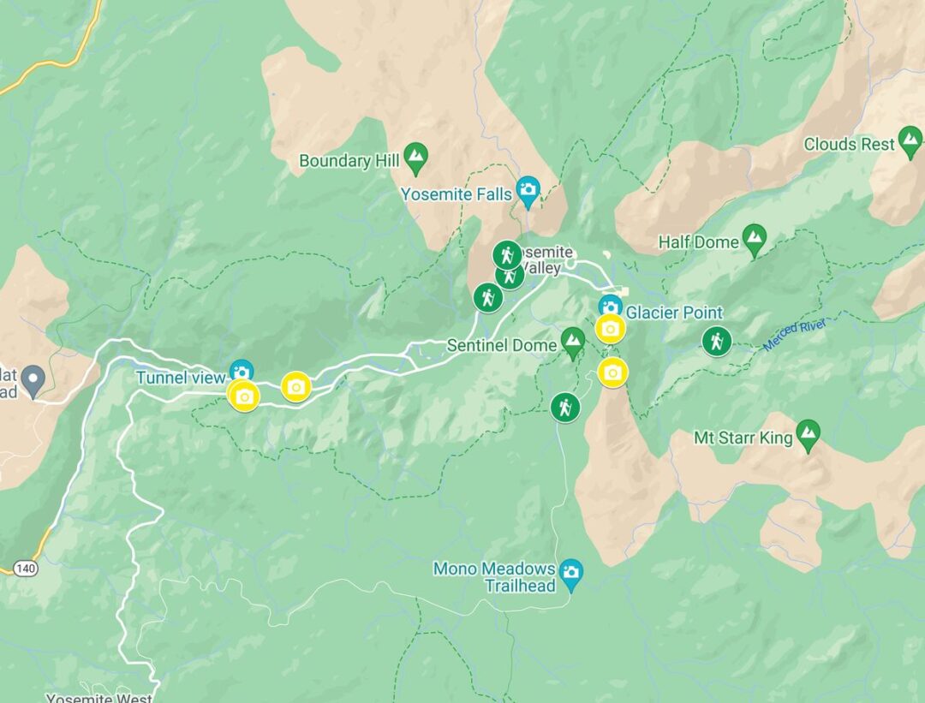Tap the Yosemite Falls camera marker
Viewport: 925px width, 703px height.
tap(528, 192)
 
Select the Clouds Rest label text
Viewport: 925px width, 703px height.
tap(849, 145)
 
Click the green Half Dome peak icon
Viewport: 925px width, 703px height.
tap(754, 240)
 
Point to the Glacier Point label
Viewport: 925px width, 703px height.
tap(674, 313)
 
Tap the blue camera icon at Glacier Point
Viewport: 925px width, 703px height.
tap(610, 305)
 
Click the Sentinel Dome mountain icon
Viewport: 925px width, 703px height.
tap(573, 344)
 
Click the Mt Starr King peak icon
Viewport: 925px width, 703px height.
tap(808, 435)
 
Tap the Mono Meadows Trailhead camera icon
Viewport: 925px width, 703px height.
tap(570, 571)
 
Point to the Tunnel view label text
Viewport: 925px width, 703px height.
tap(180, 378)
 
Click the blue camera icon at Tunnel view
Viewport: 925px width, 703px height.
tap(242, 371)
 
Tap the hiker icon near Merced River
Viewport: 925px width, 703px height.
tap(716, 342)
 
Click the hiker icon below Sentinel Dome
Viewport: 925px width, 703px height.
tap(565, 407)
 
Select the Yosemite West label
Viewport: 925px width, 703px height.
tap(99, 698)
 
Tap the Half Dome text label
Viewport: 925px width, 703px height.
tap(698, 242)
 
